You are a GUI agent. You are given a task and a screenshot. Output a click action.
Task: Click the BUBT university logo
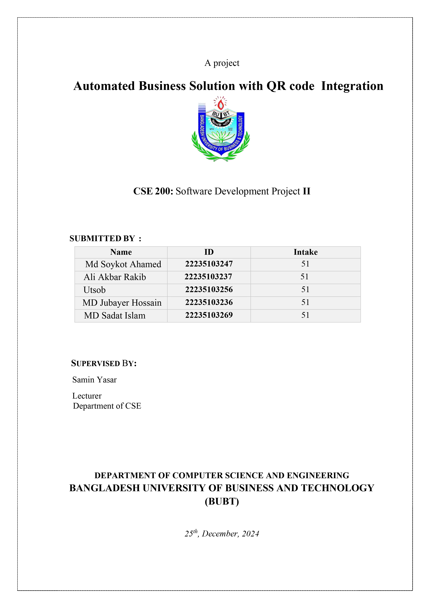click(221, 129)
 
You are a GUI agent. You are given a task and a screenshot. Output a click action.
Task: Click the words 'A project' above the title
click(222, 63)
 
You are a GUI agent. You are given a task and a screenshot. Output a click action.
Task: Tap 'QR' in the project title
click(276, 86)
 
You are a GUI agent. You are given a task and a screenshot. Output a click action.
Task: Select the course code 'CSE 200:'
click(153, 191)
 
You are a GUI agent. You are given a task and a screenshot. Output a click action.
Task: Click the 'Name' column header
click(121, 252)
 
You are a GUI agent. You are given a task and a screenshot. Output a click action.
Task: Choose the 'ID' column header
click(209, 252)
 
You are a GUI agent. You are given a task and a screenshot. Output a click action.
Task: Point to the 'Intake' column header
click(306, 252)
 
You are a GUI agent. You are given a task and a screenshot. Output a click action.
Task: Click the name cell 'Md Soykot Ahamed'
click(123, 264)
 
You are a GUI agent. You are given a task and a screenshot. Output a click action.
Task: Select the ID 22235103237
click(208, 277)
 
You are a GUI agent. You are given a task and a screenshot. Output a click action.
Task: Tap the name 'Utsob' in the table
click(95, 290)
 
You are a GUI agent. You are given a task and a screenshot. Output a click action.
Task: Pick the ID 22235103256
click(209, 289)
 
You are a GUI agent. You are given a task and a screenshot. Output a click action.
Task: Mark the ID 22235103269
click(209, 315)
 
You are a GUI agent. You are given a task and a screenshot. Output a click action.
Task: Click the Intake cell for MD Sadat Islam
click(305, 315)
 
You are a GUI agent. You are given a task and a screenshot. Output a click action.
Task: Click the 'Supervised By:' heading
click(104, 363)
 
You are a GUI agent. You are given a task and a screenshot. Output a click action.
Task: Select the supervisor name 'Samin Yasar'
click(95, 380)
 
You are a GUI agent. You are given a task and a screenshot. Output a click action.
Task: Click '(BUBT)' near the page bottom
click(222, 501)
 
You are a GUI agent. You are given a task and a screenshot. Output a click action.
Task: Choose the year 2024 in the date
click(251, 534)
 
